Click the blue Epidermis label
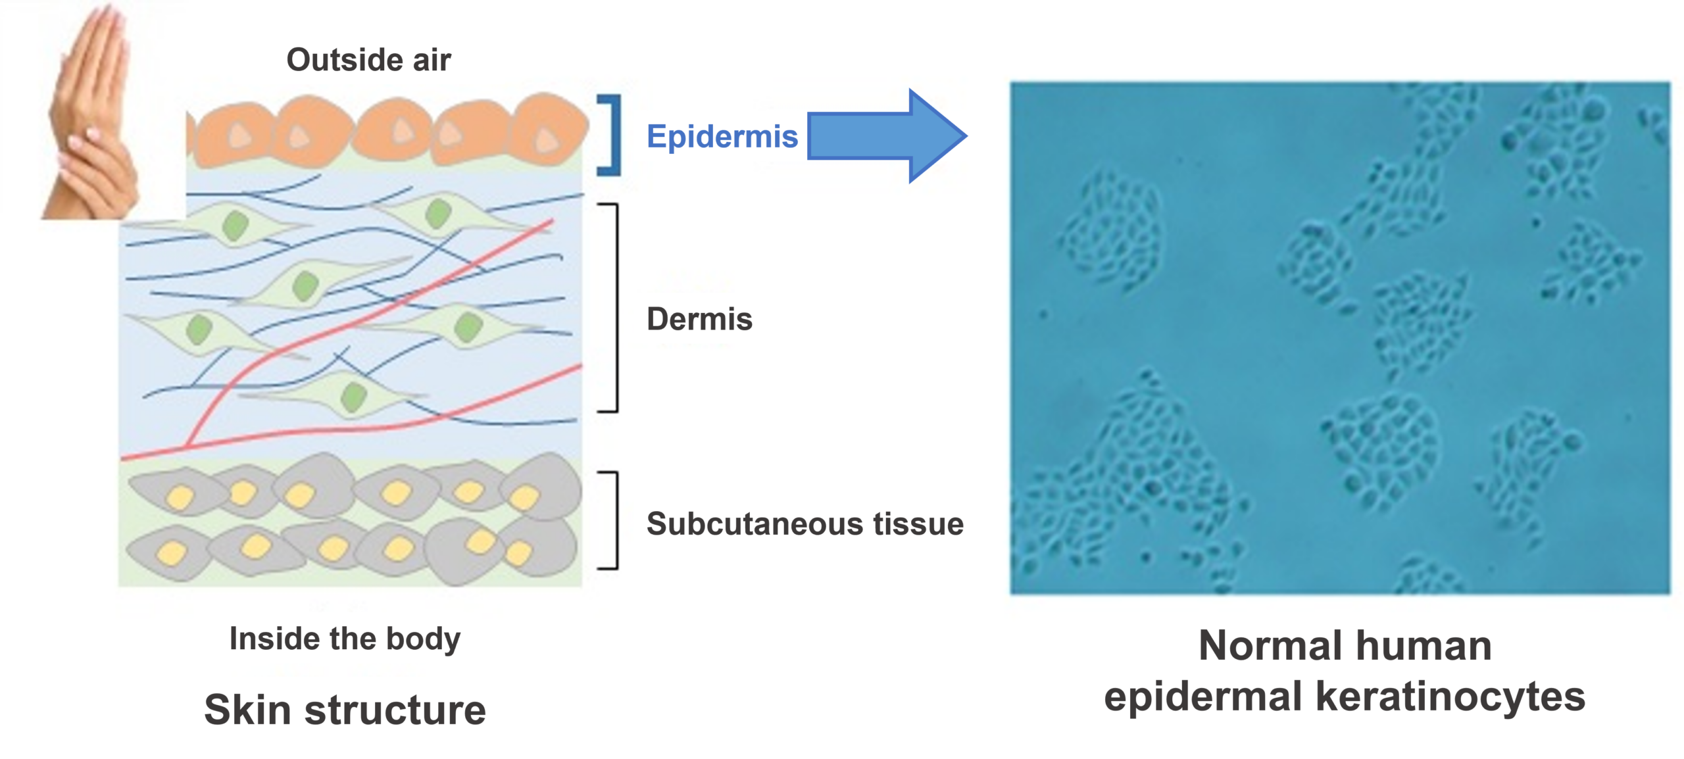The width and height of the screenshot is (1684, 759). (722, 137)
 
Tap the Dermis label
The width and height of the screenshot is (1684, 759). (699, 319)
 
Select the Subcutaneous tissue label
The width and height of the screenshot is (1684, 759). (805, 524)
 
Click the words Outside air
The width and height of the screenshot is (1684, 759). (368, 60)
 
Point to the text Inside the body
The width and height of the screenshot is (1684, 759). (345, 639)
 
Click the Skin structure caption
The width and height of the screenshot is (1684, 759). (345, 710)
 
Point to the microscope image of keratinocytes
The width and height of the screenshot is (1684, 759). (1339, 338)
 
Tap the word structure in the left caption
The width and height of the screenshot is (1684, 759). (395, 710)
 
